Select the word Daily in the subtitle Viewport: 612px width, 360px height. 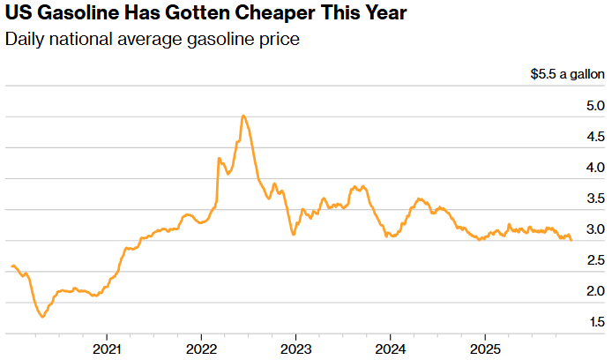[24, 41]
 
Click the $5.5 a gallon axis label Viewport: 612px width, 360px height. [567, 76]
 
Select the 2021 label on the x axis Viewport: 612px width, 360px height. [107, 348]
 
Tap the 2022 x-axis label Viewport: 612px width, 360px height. [201, 348]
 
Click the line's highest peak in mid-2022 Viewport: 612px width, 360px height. [243, 116]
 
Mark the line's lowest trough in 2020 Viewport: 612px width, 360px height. [42, 317]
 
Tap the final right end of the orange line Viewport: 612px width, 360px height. [571, 240]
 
